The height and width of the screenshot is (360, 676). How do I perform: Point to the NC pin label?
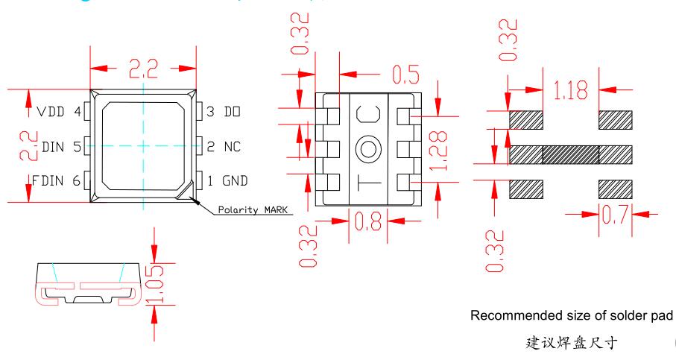point(233,146)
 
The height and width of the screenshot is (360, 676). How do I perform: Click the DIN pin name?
point(54,146)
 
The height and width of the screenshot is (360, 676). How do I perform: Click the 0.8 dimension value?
point(367,222)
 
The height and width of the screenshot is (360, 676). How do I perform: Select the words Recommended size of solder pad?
point(572,316)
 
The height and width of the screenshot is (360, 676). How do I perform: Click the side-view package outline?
point(89,283)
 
